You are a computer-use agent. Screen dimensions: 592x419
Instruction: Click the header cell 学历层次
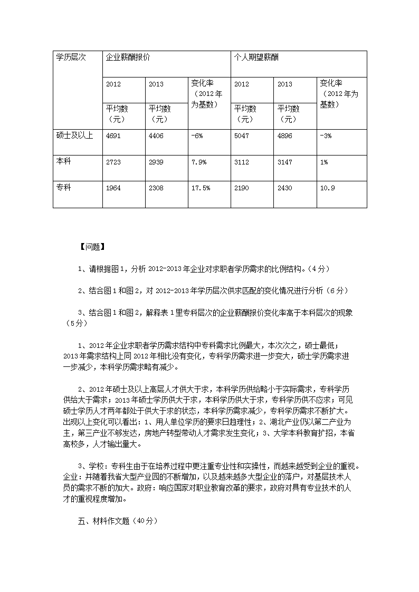tap(71, 57)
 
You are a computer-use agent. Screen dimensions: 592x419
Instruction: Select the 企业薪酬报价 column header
tap(128, 57)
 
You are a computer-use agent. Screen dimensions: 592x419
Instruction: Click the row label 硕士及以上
tap(75, 135)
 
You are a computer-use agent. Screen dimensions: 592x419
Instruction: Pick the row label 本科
tap(63, 161)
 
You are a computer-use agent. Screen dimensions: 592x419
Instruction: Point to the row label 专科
tap(63, 187)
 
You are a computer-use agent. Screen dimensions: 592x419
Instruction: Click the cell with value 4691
tap(113, 136)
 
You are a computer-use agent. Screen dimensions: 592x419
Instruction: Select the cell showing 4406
tap(156, 136)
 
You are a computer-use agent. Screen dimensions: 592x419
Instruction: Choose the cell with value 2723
tap(113, 162)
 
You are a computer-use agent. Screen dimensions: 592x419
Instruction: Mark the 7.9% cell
tap(199, 162)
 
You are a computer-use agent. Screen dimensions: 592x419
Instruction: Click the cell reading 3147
tap(284, 162)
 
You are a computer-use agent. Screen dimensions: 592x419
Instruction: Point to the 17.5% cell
tap(201, 188)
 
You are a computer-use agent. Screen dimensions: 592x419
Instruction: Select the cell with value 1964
tap(113, 188)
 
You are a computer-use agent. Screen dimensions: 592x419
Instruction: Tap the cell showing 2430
tap(284, 188)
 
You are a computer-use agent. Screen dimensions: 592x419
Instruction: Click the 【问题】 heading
tap(92, 246)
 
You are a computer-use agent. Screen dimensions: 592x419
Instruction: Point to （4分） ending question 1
tap(318, 269)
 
